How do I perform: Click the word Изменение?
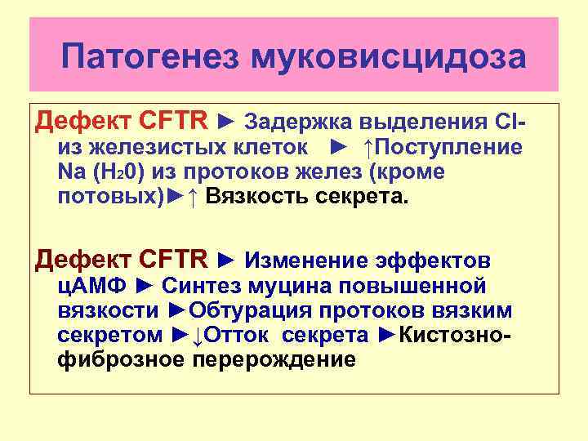[309, 261]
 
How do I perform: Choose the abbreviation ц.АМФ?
[92, 286]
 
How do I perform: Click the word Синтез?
[200, 286]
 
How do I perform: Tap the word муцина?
[289, 286]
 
